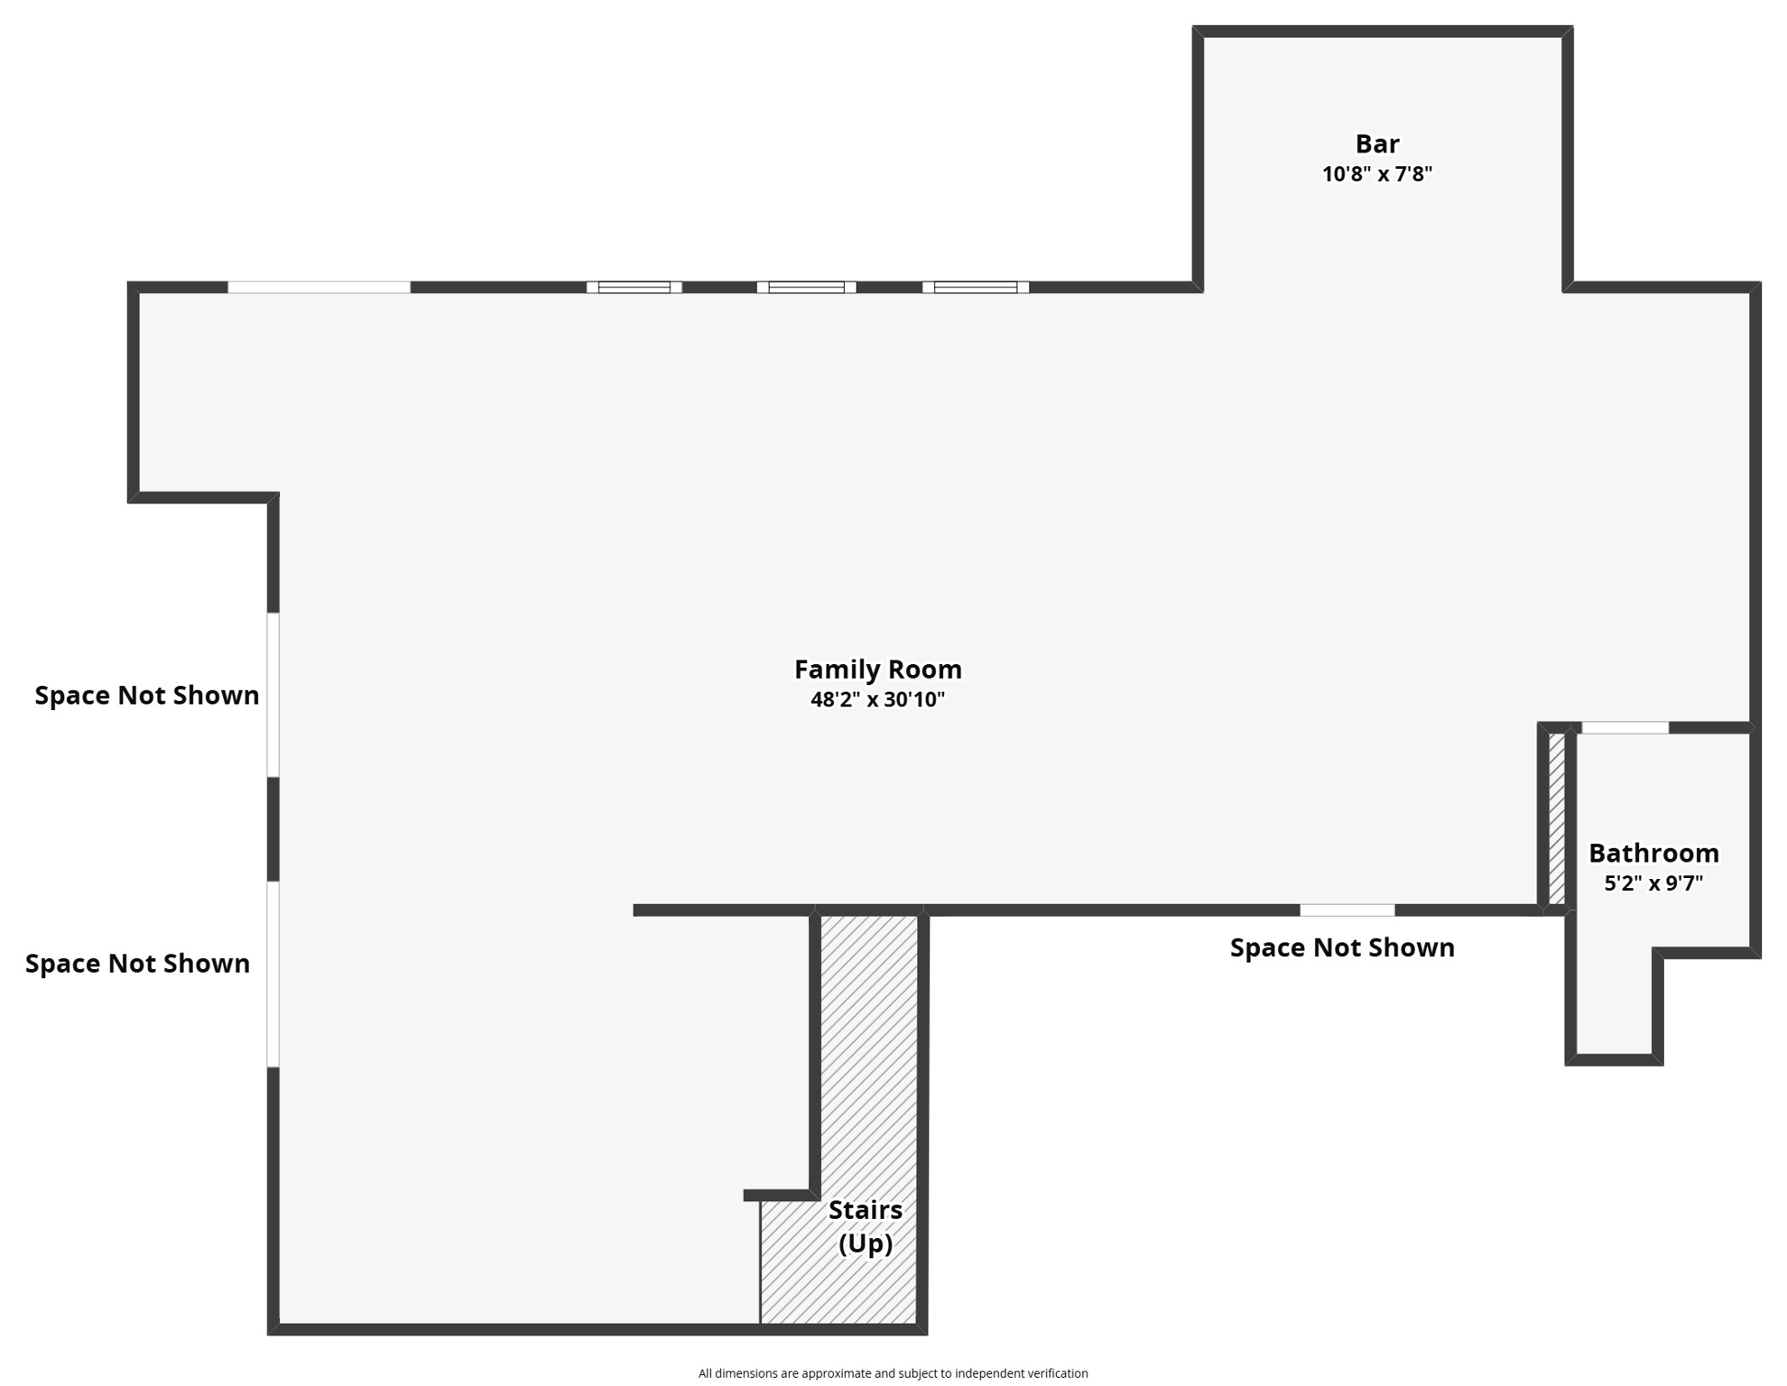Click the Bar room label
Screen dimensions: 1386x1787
[x=1376, y=144]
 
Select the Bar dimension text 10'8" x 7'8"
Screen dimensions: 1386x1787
[x=1376, y=174]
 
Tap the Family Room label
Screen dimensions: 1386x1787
[x=877, y=670]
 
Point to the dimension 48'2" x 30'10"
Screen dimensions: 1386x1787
[x=877, y=699]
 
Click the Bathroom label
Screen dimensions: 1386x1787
[x=1653, y=853]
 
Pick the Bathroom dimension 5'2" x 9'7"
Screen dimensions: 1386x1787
[x=1653, y=882]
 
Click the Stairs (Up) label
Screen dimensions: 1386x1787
[x=865, y=1226]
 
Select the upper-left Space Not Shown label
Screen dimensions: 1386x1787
[x=147, y=695]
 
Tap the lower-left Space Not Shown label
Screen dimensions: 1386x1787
[x=137, y=963]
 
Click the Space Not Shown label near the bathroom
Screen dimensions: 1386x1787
[x=1341, y=947]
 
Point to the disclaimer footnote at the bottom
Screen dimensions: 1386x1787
[x=893, y=1372]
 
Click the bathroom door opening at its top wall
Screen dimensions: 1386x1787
[x=1625, y=727]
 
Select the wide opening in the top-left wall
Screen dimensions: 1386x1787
[x=319, y=287]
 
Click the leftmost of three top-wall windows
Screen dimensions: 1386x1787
[x=634, y=287]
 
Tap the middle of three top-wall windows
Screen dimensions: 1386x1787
[x=806, y=287]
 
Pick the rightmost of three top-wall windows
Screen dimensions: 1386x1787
[x=975, y=287]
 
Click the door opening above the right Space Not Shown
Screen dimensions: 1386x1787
[x=1347, y=910]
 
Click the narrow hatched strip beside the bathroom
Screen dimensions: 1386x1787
[x=1557, y=818]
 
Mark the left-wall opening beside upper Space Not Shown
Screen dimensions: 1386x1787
[x=273, y=695]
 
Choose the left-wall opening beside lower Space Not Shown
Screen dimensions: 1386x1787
[x=273, y=974]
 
